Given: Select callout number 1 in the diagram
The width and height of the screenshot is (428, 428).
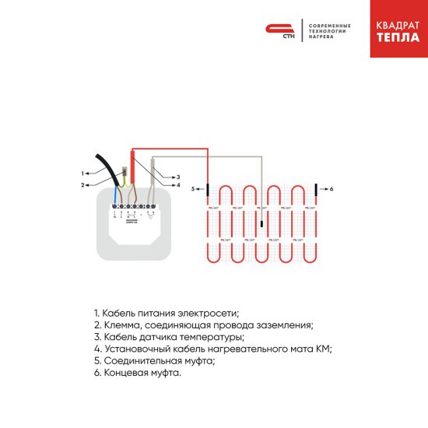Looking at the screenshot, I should pos(82,173).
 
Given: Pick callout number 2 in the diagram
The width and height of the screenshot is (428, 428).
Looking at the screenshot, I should pos(82,184).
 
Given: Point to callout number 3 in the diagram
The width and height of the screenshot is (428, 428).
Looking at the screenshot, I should pos(177,177).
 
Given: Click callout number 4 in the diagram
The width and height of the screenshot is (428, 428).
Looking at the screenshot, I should pos(177,185).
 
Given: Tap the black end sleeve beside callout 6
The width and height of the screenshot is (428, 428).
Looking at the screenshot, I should pos(316,189).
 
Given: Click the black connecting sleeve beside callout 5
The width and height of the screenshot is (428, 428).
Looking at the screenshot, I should pos(208,189).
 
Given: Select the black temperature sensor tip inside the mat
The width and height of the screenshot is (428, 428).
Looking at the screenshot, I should pos(261,224).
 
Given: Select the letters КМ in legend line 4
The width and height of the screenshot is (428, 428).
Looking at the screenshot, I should pos(324,349).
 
